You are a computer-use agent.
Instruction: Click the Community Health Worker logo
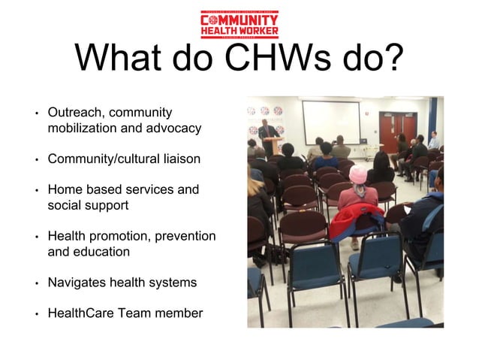click(239, 24)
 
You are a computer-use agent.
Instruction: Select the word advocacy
click(174, 128)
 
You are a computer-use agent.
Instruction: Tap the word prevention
click(185, 237)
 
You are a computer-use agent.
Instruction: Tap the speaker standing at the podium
click(267, 135)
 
